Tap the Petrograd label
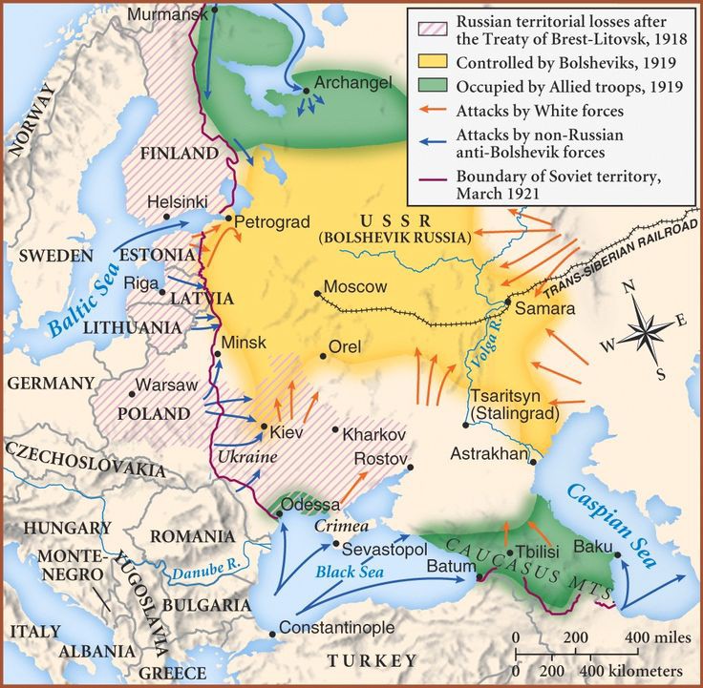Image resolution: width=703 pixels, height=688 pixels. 272,221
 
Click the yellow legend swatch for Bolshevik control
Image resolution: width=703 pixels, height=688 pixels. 435,65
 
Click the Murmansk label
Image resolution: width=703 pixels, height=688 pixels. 164,14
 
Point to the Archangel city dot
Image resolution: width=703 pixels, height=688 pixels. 307,91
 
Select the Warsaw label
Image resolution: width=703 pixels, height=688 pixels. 166,386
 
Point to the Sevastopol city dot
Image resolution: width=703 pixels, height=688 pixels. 336,545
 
